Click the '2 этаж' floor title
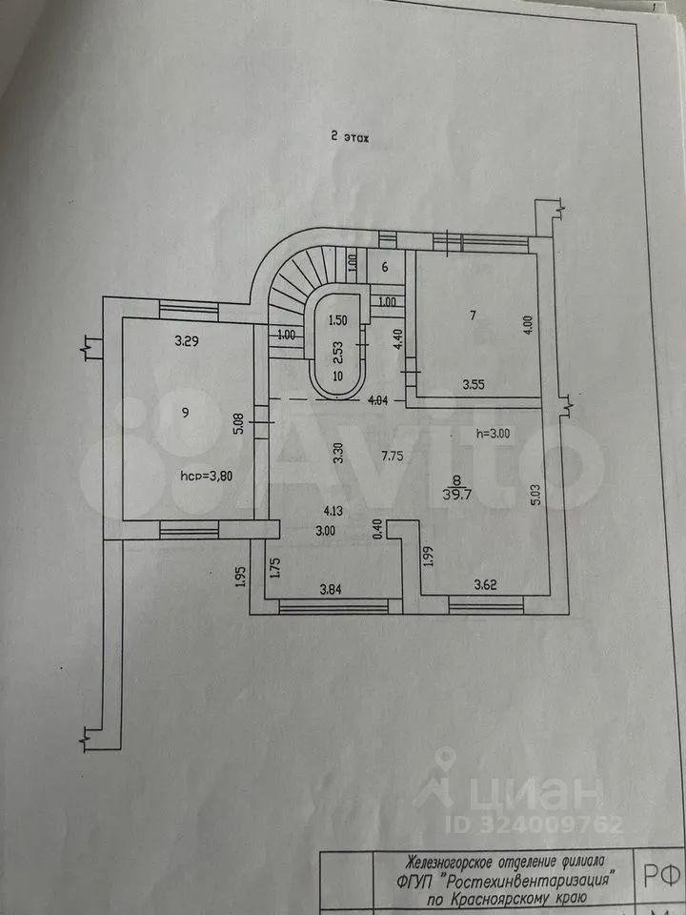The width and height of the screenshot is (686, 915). click(x=348, y=136)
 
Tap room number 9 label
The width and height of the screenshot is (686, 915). click(x=186, y=413)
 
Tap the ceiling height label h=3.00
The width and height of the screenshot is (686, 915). click(x=499, y=434)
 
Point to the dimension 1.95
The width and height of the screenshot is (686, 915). click(x=241, y=576)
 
